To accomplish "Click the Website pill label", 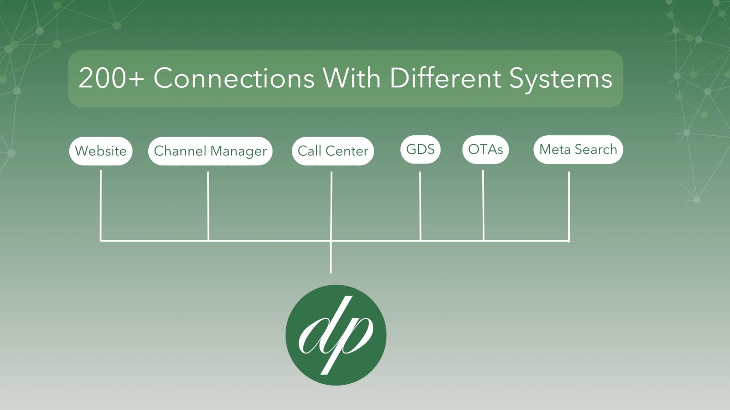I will point(100,151).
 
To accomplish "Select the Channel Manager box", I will point(210,151).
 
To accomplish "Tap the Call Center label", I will point(332,151).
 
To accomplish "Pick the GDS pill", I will point(420,150).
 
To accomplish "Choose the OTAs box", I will point(485,150).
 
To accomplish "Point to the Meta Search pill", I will point(578,150).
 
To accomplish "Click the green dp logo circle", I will point(335,335).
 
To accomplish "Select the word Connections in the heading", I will point(233,78).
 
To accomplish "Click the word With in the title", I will point(352,78).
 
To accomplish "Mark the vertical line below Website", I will point(101,205).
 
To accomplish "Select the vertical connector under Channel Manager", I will point(208,205).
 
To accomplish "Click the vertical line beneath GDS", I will point(420,205).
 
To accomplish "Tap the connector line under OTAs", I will point(483,205).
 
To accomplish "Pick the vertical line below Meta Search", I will point(569,205).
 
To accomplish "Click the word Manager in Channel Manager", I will point(238,151).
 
